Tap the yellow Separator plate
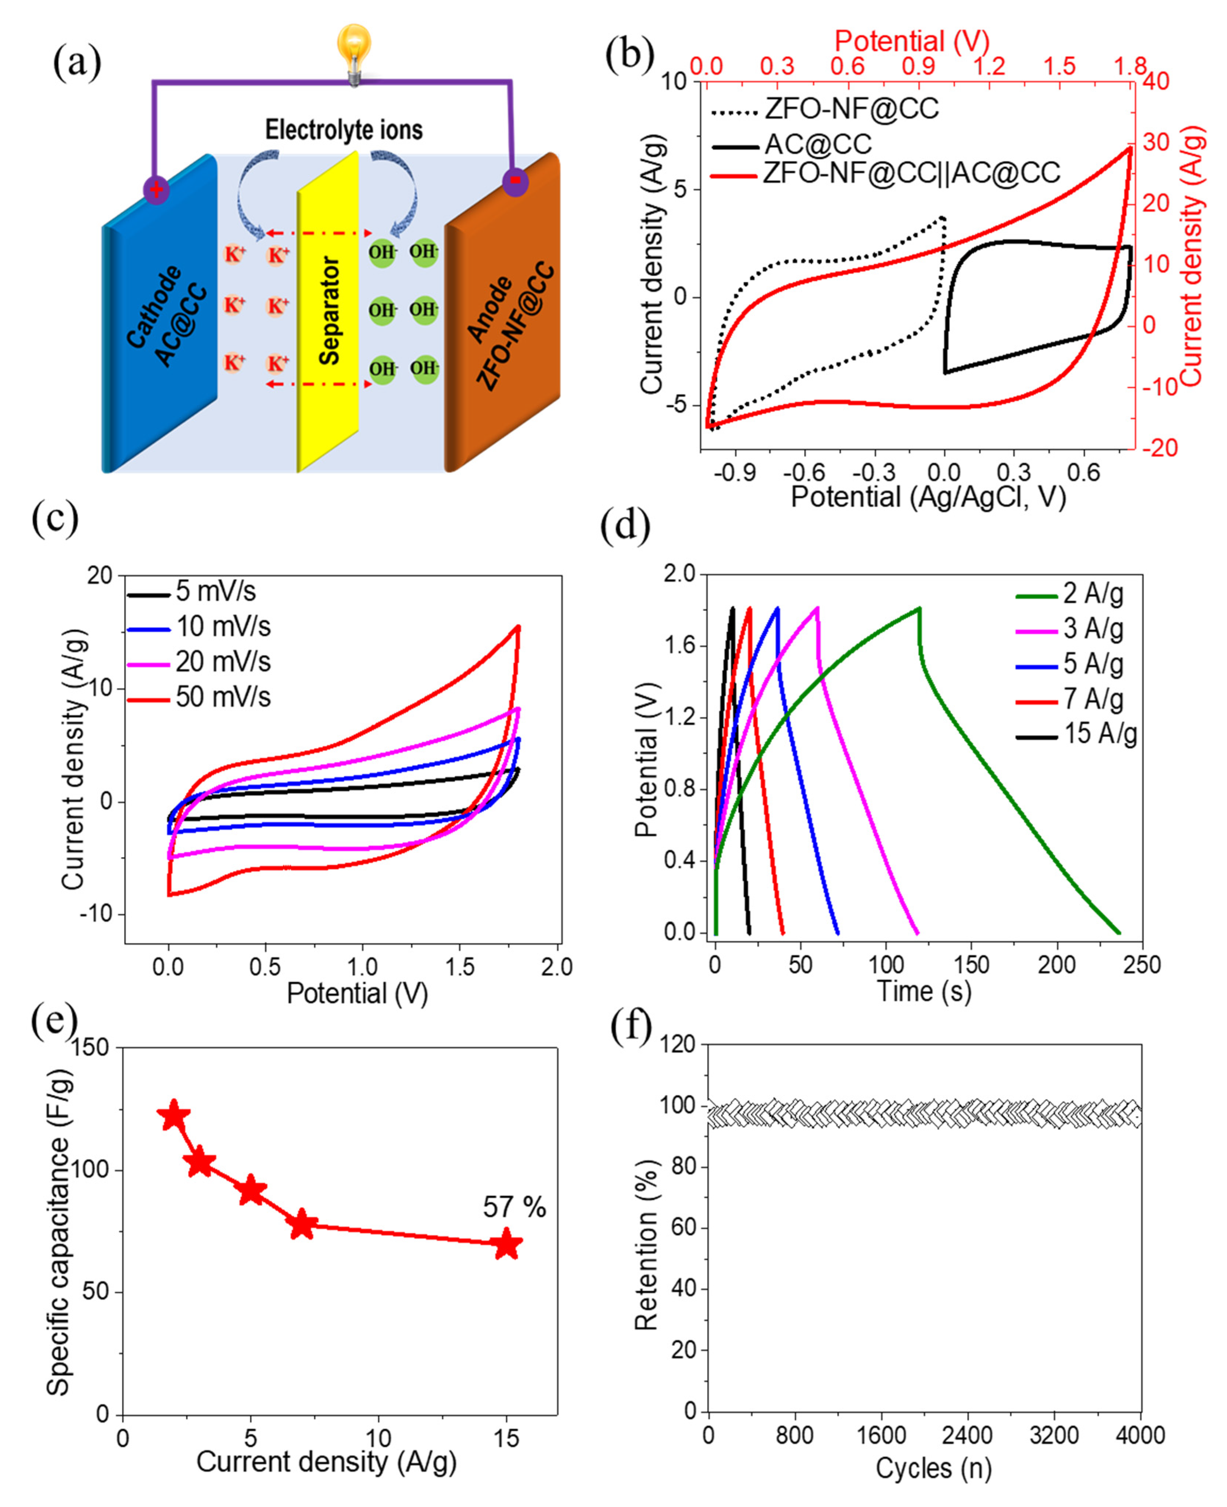(328, 311)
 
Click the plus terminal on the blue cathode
(156, 189)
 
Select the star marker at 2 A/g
(174, 1117)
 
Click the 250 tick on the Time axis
(1142, 965)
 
